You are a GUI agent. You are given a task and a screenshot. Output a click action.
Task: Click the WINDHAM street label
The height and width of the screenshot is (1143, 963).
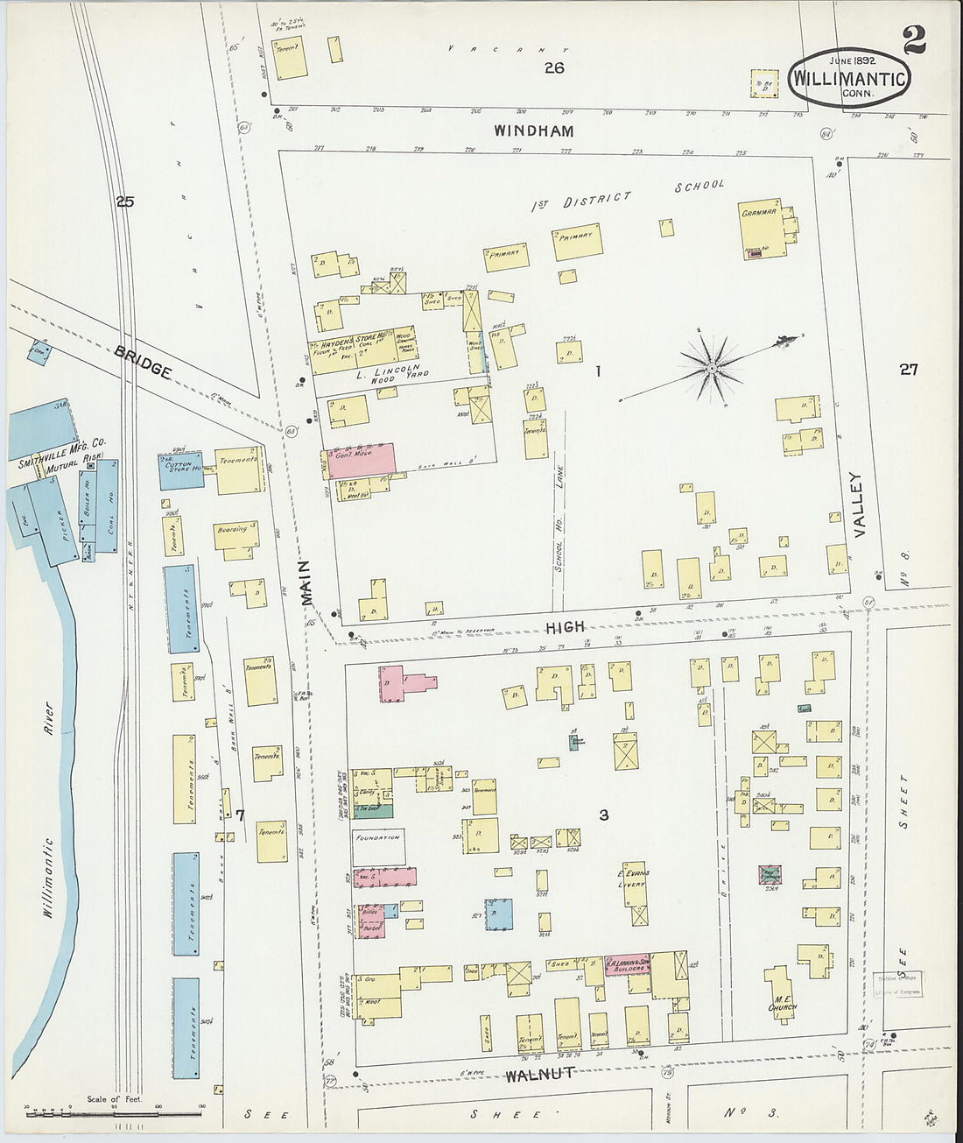tap(532, 131)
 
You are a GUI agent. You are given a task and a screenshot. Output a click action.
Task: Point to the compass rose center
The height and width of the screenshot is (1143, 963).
tap(713, 369)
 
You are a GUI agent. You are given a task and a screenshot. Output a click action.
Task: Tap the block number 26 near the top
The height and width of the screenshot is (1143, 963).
tap(553, 68)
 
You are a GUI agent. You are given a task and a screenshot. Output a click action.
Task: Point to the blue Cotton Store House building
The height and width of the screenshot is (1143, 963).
tap(180, 469)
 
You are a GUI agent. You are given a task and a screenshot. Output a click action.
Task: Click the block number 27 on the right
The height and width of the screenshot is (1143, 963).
tap(909, 370)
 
